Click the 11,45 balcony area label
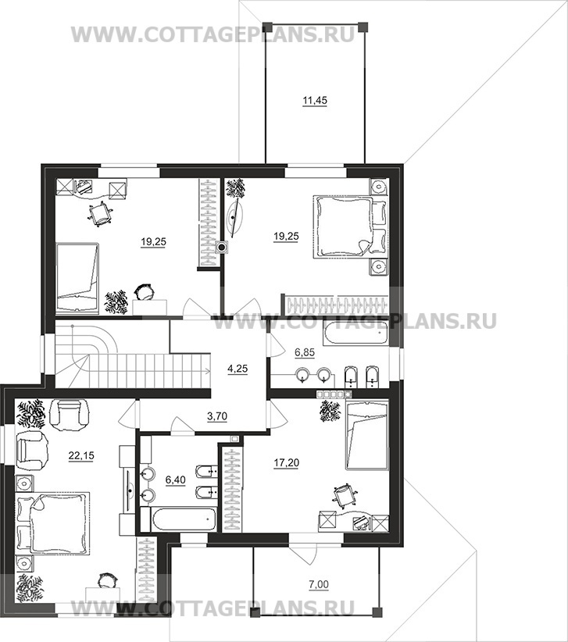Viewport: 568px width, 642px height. (315, 100)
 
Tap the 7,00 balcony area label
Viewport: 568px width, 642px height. (319, 585)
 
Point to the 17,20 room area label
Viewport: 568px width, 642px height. (286, 463)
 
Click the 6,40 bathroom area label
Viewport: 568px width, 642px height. (175, 480)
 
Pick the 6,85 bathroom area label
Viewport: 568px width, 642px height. (305, 352)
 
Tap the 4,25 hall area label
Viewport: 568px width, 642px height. (238, 369)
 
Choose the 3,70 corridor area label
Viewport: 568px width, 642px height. (217, 417)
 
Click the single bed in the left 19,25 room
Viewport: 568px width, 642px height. (77, 278)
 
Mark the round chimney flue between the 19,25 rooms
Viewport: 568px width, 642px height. (222, 247)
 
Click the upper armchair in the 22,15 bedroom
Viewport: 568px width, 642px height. (69, 412)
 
